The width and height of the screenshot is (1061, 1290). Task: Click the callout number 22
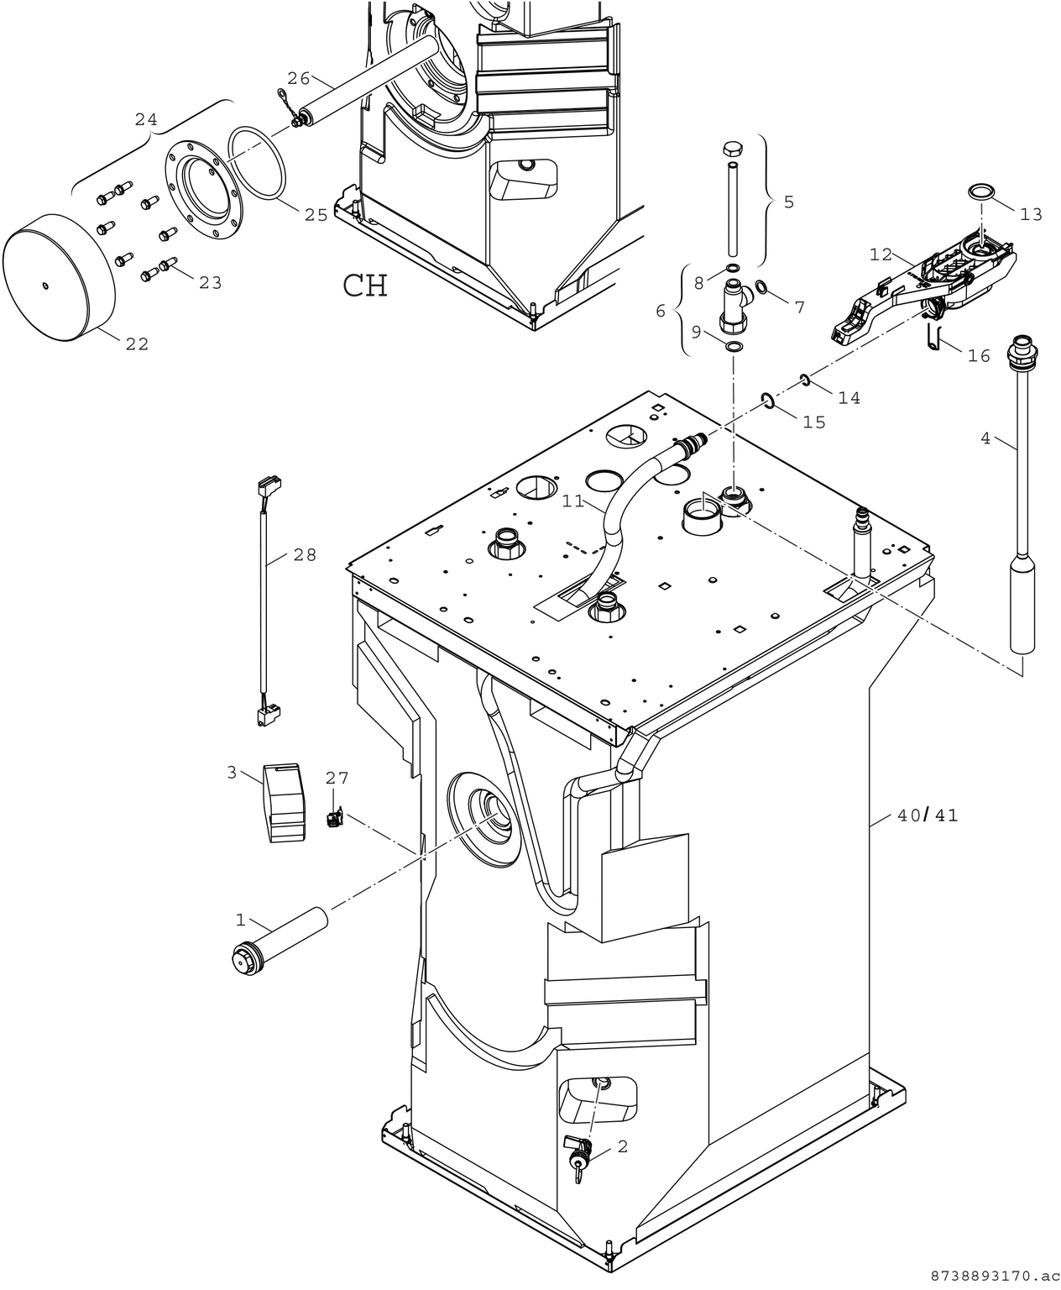[x=137, y=343]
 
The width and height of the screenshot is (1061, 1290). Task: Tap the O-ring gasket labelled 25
[x=258, y=165]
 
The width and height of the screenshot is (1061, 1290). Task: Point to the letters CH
[x=365, y=286]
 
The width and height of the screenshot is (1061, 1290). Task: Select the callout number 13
[x=1031, y=214]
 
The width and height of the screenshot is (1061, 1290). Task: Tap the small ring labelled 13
[x=980, y=191]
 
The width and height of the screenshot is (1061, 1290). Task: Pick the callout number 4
[x=985, y=438]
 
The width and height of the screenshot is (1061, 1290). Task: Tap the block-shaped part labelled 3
[x=284, y=801]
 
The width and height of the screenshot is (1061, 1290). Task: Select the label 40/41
[x=928, y=815]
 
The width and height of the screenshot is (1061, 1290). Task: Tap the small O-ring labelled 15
[x=767, y=400]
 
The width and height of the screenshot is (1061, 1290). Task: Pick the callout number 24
[x=146, y=120]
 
